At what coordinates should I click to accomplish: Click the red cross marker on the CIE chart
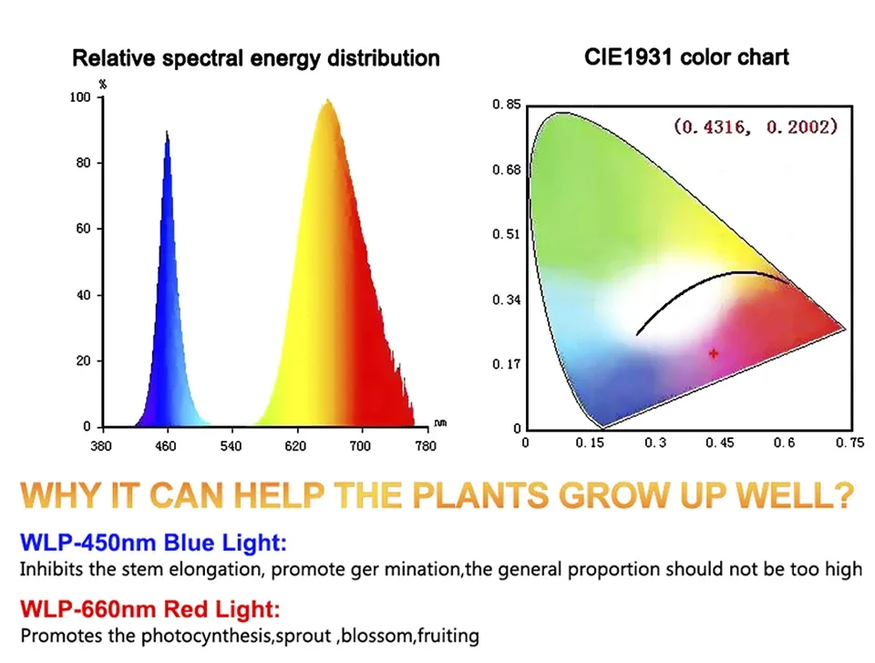pyautogui.click(x=713, y=353)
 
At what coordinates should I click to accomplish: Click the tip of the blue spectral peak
pyautogui.click(x=166, y=130)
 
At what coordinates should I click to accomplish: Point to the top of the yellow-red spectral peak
pyautogui.click(x=327, y=100)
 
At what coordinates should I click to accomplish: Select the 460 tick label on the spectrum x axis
pyautogui.click(x=165, y=446)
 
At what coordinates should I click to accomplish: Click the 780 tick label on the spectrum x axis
pyautogui.click(x=426, y=446)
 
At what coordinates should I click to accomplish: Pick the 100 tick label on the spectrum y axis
pyautogui.click(x=80, y=97)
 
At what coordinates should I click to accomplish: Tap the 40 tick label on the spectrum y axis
pyautogui.click(x=83, y=295)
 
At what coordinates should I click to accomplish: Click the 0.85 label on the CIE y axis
pyautogui.click(x=507, y=105)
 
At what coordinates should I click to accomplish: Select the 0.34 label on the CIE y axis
pyautogui.click(x=507, y=300)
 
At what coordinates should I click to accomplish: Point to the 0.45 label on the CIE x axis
pyautogui.click(x=720, y=443)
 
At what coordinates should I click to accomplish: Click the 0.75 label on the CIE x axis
pyautogui.click(x=849, y=443)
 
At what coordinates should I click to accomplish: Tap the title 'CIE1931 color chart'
pyautogui.click(x=686, y=56)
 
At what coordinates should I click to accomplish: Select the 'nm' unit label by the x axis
pyautogui.click(x=440, y=423)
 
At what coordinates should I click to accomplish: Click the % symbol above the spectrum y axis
pyautogui.click(x=103, y=84)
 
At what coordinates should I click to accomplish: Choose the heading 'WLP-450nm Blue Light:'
pyautogui.click(x=153, y=542)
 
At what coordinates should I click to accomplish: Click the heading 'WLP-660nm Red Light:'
pyautogui.click(x=150, y=608)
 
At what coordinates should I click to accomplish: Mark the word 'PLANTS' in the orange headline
pyautogui.click(x=480, y=495)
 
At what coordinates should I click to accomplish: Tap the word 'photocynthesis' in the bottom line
pyautogui.click(x=207, y=637)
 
